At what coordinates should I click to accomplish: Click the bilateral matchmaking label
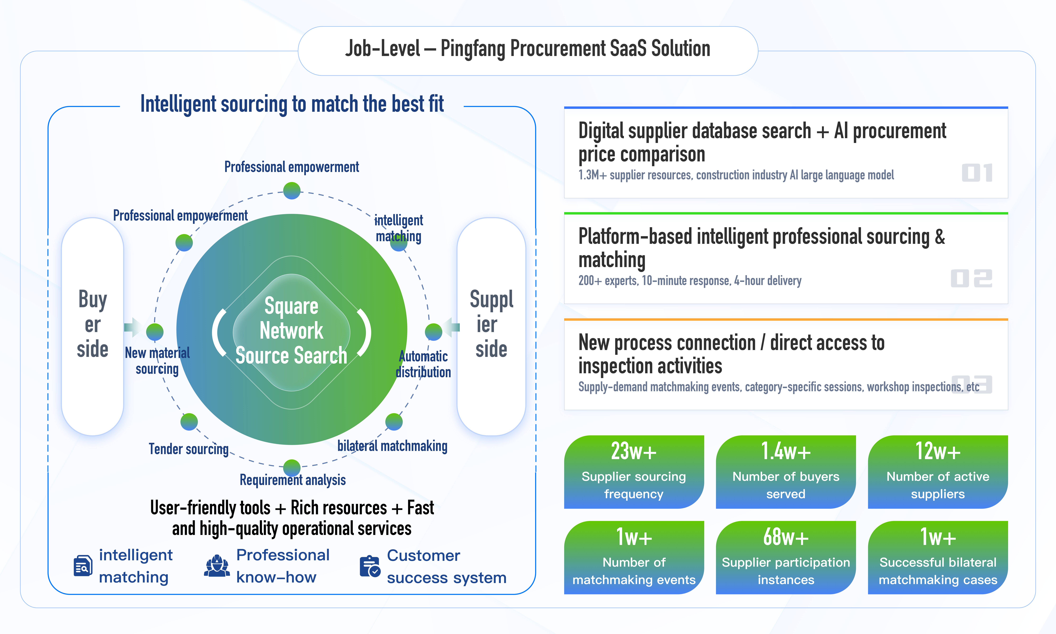(x=392, y=446)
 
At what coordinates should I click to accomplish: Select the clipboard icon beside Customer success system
(x=370, y=567)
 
